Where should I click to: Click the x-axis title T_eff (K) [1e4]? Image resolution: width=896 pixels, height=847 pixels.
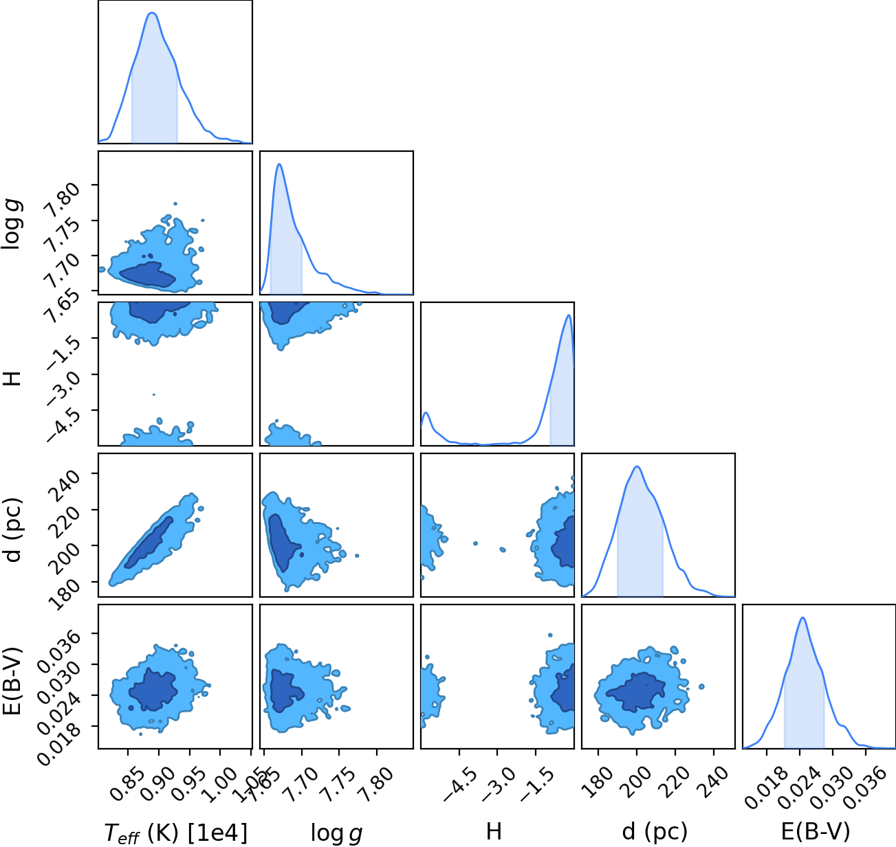pos(176,833)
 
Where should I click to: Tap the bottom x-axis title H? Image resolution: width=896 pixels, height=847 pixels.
pos(494,831)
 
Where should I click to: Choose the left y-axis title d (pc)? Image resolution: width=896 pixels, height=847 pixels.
pos(13,531)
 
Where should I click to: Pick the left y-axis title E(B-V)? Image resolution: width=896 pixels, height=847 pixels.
pos(13,681)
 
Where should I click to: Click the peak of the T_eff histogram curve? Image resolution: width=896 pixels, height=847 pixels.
pos(152,13)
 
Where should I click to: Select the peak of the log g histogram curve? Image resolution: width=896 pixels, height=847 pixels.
pos(279,164)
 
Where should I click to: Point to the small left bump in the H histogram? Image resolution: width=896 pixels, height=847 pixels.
pos(426,413)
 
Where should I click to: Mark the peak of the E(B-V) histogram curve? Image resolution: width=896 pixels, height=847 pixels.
pos(802,618)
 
